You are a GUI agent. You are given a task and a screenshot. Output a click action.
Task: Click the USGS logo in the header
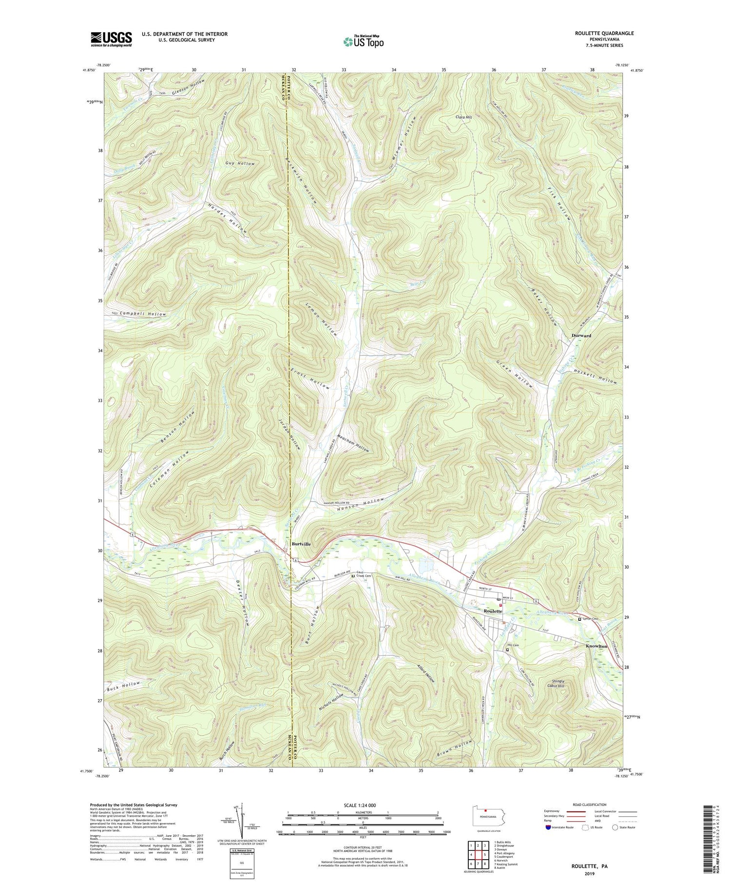click(x=111, y=39)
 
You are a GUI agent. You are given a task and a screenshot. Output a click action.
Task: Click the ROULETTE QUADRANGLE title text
click(x=604, y=33)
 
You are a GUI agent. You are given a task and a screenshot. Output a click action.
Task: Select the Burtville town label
click(x=301, y=544)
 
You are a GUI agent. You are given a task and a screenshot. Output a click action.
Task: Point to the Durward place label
click(x=581, y=335)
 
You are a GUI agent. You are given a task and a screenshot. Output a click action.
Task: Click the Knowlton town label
click(x=596, y=646)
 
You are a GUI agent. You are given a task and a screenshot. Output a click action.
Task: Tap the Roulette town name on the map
click(x=493, y=611)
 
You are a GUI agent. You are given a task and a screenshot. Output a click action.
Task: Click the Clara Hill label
click(x=463, y=117)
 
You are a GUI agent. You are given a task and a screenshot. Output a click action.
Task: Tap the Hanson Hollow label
click(x=361, y=505)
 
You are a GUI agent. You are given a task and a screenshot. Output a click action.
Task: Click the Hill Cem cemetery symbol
click(x=507, y=650)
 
